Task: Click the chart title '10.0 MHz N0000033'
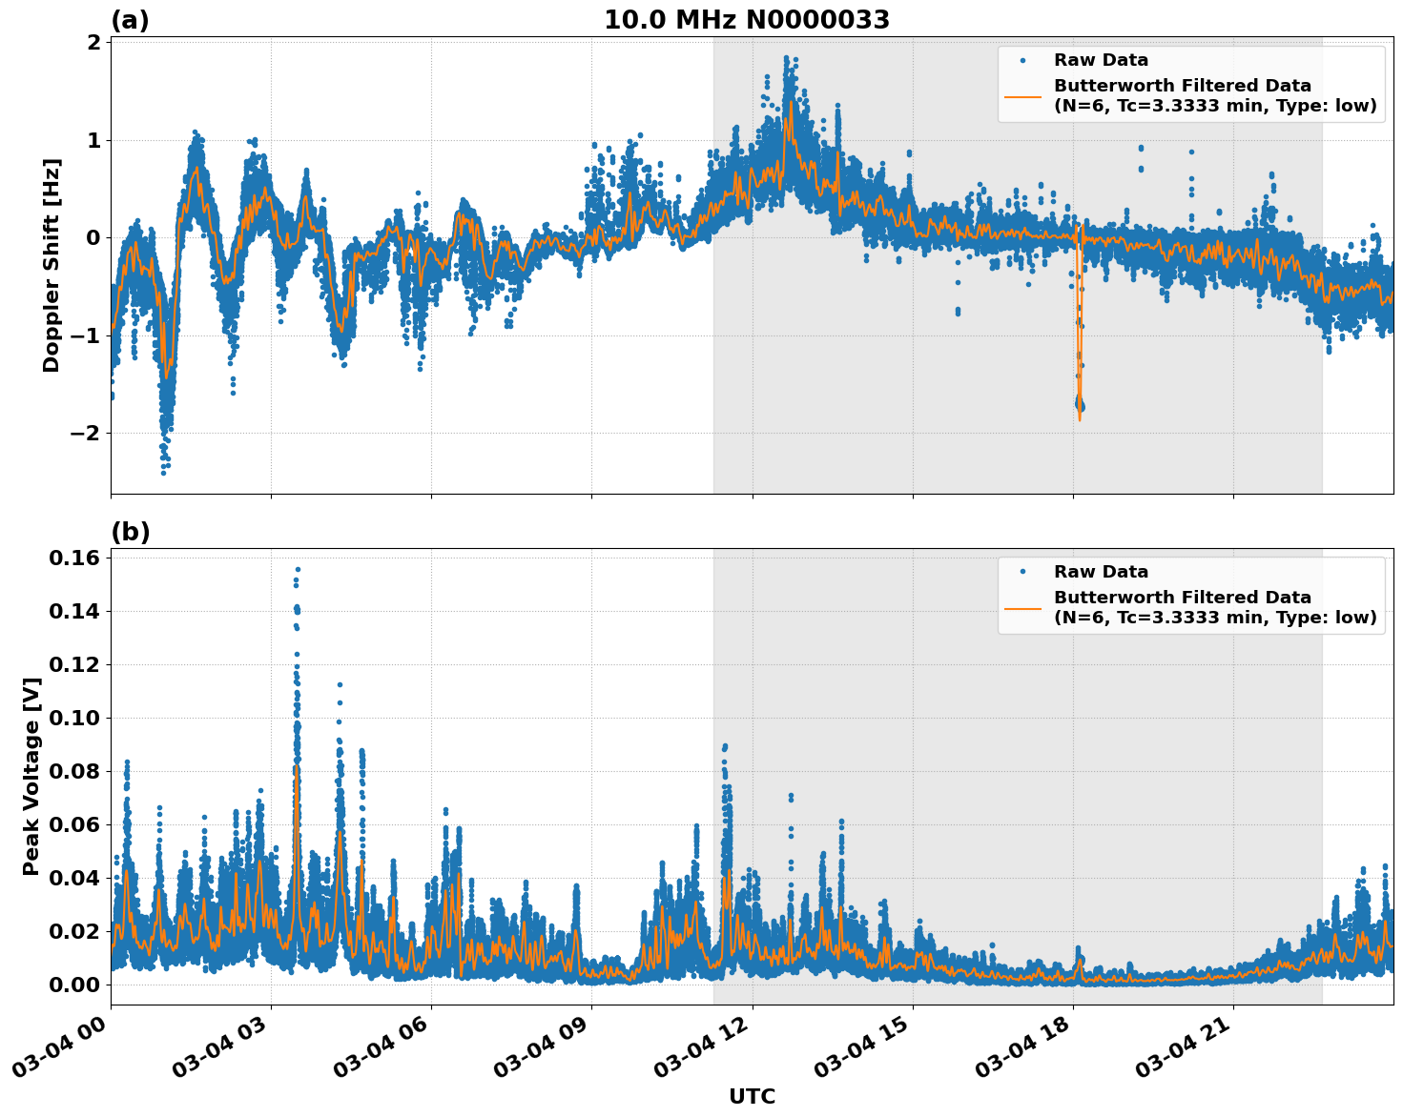click(747, 20)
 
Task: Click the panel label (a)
click(130, 20)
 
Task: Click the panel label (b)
click(131, 532)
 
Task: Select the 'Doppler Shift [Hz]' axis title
click(52, 265)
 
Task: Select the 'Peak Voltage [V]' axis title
click(31, 776)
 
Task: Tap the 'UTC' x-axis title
click(752, 1096)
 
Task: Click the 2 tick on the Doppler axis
click(93, 43)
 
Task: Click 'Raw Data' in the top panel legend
click(1101, 60)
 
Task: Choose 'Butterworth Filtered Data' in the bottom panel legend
click(1182, 598)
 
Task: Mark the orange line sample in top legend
click(1022, 95)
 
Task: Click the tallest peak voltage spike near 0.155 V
click(298, 570)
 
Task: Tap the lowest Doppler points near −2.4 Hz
click(163, 471)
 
